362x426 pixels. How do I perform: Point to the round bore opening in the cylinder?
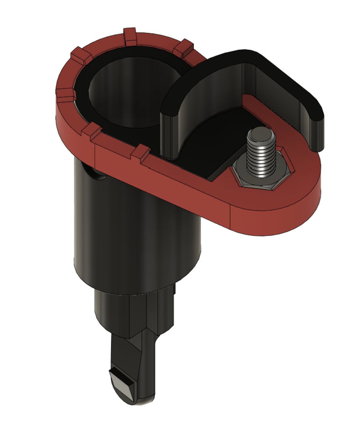click(x=127, y=95)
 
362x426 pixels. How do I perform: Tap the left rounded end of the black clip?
click(x=170, y=127)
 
